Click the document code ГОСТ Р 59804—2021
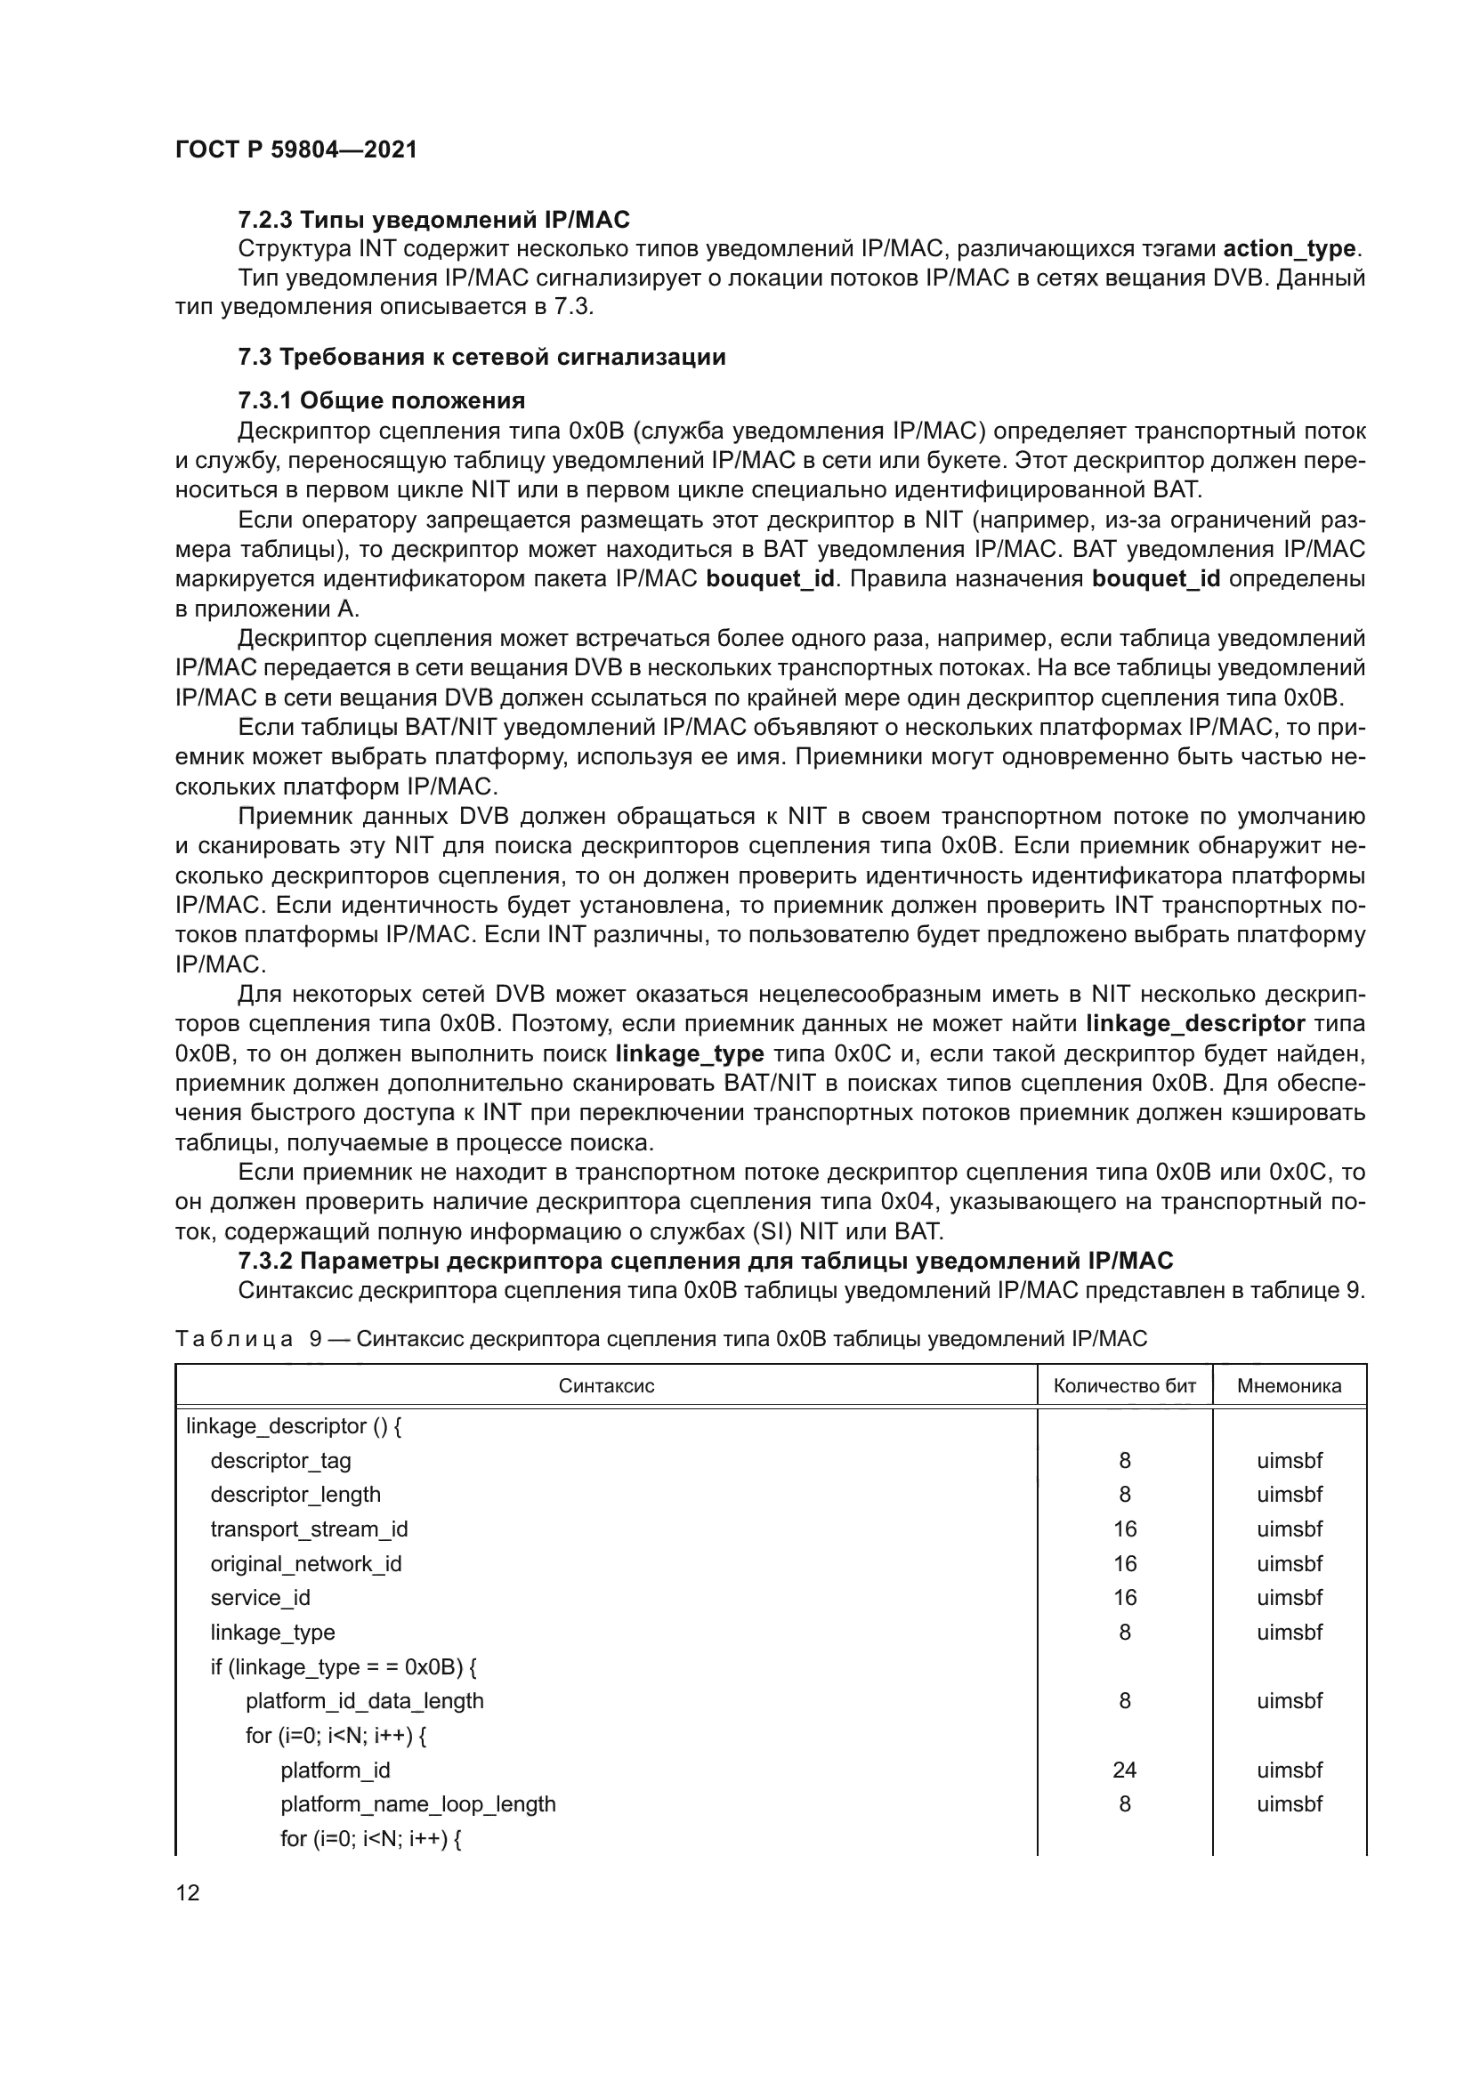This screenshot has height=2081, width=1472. [x=295, y=149]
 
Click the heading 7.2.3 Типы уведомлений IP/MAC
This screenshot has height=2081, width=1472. [x=433, y=220]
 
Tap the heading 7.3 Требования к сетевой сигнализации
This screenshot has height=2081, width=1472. [x=481, y=356]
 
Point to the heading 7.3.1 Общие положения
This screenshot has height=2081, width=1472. [x=382, y=400]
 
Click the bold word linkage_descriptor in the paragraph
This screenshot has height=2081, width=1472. [x=1194, y=1024]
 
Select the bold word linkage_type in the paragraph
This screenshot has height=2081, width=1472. [x=689, y=1054]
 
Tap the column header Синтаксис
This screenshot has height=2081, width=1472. [x=605, y=1386]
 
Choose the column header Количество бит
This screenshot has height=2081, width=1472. [x=1124, y=1386]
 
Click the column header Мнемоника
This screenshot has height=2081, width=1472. [x=1289, y=1386]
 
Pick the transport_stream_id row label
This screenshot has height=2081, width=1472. [x=309, y=1529]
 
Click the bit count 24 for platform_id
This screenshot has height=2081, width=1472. [x=1124, y=1770]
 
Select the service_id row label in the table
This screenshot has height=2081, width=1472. [x=260, y=1598]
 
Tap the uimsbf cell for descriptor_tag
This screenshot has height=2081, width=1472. [x=1289, y=1460]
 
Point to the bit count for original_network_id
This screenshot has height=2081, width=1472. [x=1124, y=1563]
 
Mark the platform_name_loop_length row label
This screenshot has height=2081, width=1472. [x=418, y=1804]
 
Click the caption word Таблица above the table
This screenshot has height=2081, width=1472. [x=233, y=1339]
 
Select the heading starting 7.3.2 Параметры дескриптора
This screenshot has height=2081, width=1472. [x=705, y=1261]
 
